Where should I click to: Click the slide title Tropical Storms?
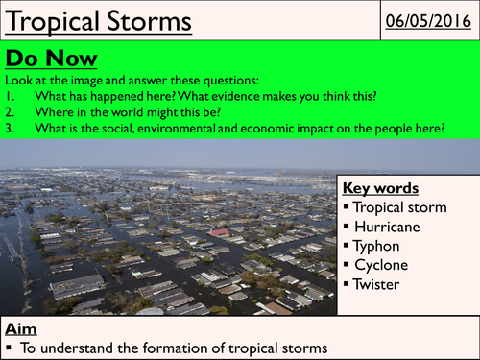point(89,19)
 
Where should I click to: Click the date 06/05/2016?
point(428,19)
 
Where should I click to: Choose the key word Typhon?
point(382,245)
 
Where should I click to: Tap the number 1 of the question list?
point(11,97)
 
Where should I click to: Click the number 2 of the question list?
point(11,113)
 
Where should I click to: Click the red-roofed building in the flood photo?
point(220,233)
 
